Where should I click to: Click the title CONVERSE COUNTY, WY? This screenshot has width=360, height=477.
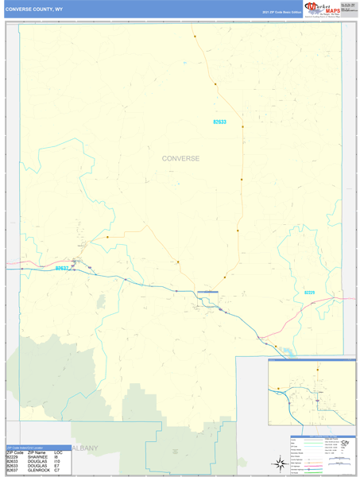tap(37, 10)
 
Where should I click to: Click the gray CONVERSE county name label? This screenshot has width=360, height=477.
tap(180, 158)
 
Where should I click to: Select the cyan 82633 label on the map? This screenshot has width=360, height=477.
tap(219, 122)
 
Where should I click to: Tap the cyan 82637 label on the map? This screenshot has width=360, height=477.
tap(62, 269)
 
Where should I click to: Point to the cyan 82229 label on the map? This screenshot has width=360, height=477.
tap(309, 293)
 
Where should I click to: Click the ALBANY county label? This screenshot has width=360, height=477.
tap(84, 448)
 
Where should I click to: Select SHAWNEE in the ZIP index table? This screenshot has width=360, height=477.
tap(37, 457)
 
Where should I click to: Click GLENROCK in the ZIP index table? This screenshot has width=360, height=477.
tap(39, 470)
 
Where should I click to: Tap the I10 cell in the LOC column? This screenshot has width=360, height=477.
tap(58, 461)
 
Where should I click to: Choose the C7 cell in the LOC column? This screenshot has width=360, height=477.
tap(58, 470)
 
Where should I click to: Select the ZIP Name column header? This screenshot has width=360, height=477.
tap(37, 452)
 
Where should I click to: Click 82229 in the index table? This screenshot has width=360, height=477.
tap(13, 457)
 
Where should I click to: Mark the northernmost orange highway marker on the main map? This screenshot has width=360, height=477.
tap(194, 36)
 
